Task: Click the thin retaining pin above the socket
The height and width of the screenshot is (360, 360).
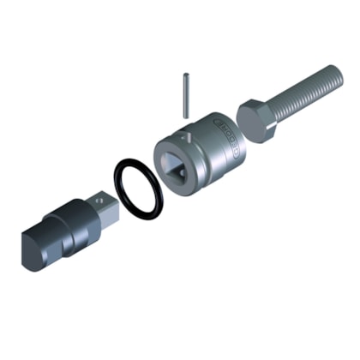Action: [x=186, y=93]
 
